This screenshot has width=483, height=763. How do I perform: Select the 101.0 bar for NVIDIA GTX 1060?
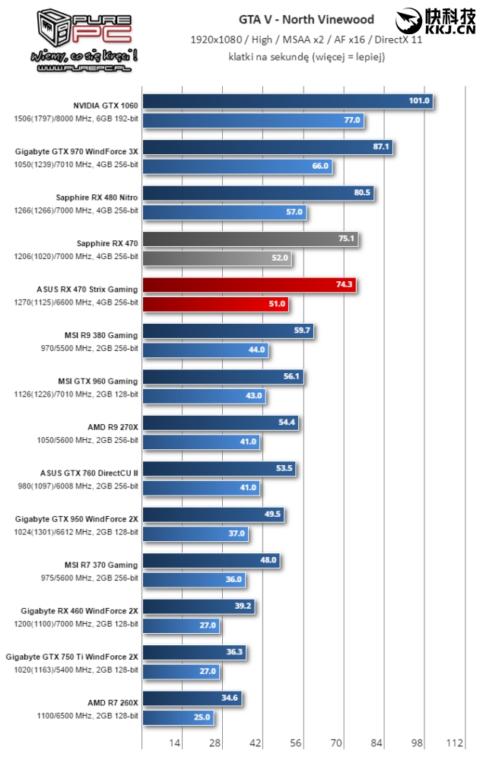pyautogui.click(x=288, y=101)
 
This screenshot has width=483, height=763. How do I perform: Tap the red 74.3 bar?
pyautogui.click(x=249, y=285)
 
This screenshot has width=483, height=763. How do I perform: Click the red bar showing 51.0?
pyautogui.click(x=216, y=304)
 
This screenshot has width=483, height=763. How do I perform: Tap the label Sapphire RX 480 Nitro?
pyautogui.click(x=97, y=197)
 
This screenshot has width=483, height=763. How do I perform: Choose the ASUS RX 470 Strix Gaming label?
pyautogui.click(x=87, y=289)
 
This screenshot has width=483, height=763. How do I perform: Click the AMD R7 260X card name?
pyautogui.click(x=113, y=702)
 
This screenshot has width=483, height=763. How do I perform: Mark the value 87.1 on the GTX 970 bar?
pyautogui.click(x=381, y=147)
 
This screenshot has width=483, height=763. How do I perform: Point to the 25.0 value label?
pyautogui.click(x=201, y=717)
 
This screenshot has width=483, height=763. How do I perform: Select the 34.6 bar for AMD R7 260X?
pyautogui.click(x=192, y=698)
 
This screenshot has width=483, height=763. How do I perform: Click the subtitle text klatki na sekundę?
pyautogui.click(x=307, y=56)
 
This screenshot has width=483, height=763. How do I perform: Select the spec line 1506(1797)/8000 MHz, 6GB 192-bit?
pyautogui.click(x=76, y=119)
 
